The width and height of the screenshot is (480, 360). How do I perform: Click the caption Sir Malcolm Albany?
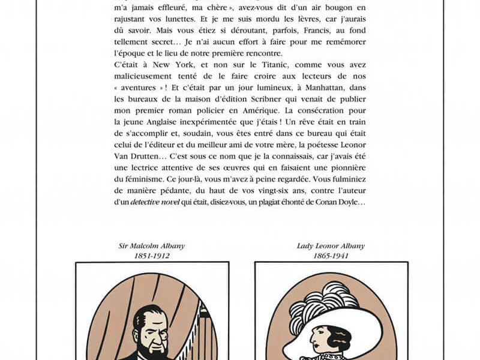click(x=152, y=246)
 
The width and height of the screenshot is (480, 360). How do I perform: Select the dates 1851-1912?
click(x=152, y=256)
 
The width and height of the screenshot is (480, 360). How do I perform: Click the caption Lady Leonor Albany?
click(x=331, y=246)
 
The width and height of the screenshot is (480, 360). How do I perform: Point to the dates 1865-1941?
click(x=331, y=256)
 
